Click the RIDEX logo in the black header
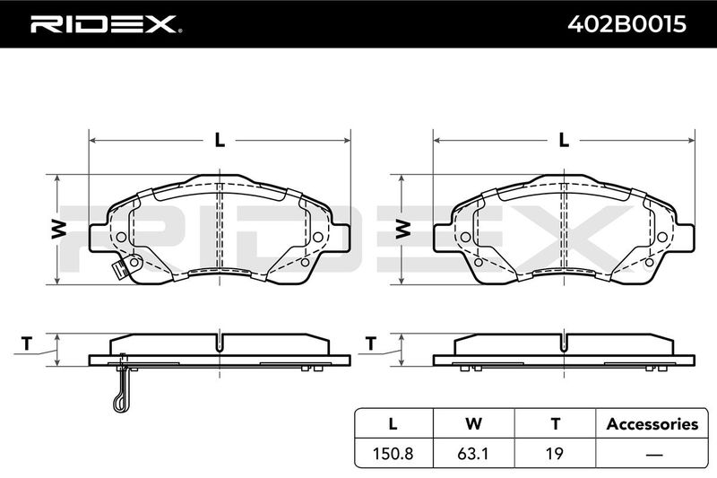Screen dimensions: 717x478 pyautogui.click(x=106, y=24)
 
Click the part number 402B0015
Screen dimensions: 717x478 pyautogui.click(x=626, y=24)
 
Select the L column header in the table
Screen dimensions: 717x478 pyautogui.click(x=393, y=424)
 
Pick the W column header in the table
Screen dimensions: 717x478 pyautogui.click(x=474, y=424)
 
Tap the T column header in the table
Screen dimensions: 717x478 pyautogui.click(x=555, y=424)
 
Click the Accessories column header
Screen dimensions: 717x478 pyautogui.click(x=652, y=424)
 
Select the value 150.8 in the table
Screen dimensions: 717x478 pyautogui.click(x=393, y=453)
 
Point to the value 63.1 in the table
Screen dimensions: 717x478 pyautogui.click(x=474, y=453)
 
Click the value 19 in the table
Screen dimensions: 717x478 pyautogui.click(x=555, y=453)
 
